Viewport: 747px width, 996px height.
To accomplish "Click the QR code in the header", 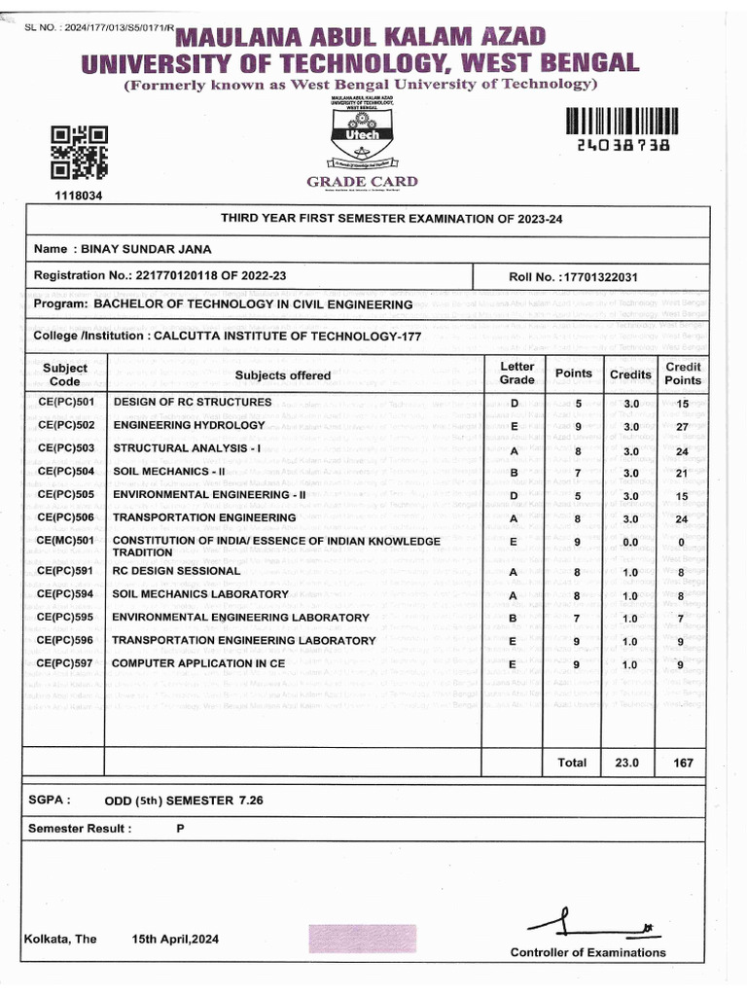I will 79,153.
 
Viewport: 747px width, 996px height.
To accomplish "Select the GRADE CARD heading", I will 362,182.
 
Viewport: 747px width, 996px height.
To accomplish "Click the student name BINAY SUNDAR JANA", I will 146,249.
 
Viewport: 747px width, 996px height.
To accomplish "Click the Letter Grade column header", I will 516,373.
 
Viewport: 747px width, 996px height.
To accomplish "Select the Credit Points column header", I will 682,373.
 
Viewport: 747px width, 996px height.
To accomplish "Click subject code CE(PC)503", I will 65,448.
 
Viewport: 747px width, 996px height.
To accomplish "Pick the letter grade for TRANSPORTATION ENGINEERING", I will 514,519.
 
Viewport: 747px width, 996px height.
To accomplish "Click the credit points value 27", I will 682,427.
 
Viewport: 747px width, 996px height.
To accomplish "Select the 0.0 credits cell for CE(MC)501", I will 630,543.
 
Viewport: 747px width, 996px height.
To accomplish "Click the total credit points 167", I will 683,763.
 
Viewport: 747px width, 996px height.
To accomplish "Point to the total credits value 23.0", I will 627,763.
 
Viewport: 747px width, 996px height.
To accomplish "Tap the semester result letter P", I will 180,829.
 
